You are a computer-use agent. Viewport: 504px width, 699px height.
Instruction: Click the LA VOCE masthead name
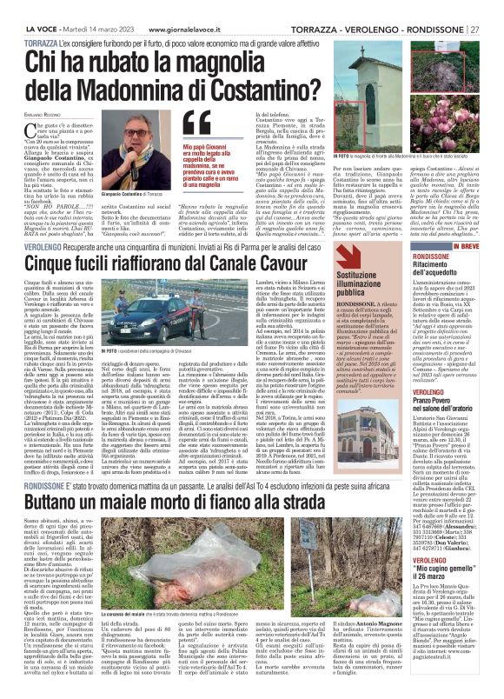tap(40, 8)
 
